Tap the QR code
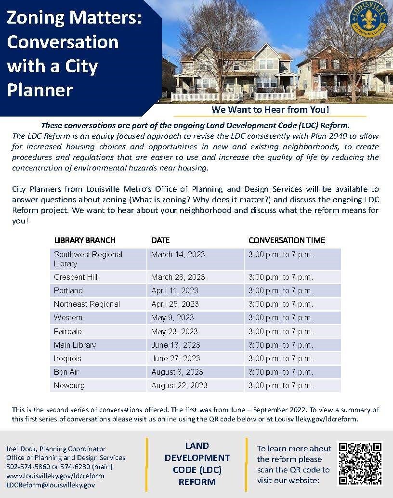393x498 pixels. click(x=360, y=463)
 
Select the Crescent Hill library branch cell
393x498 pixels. click(x=76, y=277)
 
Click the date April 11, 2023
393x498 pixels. click(x=175, y=290)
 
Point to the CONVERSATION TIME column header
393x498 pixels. click(x=287, y=240)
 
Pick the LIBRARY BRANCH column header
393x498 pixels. click(x=85, y=240)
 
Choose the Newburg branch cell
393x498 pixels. click(x=69, y=385)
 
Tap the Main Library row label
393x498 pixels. click(x=75, y=345)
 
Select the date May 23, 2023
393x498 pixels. click(x=174, y=331)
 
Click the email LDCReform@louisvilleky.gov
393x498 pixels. click(x=51, y=485)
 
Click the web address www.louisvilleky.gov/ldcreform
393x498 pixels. click(x=55, y=476)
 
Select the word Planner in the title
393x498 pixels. click(x=40, y=90)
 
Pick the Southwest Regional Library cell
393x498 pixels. click(x=88, y=259)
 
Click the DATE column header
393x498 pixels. click(x=160, y=240)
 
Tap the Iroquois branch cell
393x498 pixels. click(x=67, y=358)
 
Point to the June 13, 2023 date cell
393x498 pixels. click(x=176, y=345)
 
